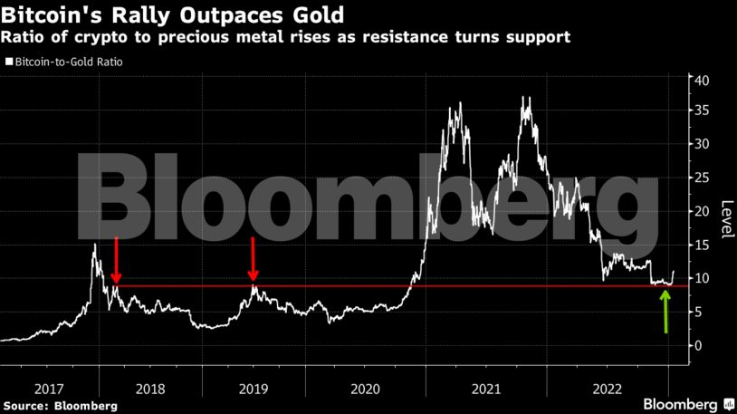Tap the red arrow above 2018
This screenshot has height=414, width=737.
(x=116, y=261)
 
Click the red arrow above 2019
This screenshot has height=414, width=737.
(x=254, y=259)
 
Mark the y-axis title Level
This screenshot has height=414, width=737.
(x=725, y=218)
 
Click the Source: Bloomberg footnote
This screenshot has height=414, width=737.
(x=60, y=405)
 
